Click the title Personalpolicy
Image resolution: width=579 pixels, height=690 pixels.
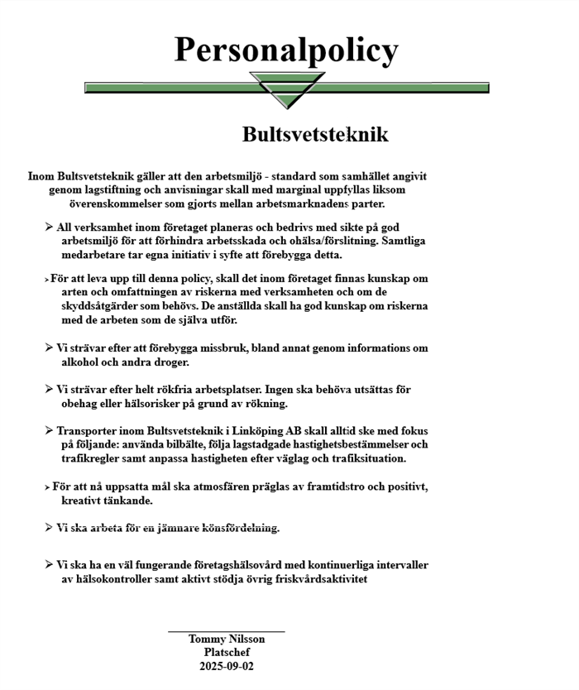click(x=286, y=50)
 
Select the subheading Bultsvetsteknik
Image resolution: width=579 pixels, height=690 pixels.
click(x=315, y=135)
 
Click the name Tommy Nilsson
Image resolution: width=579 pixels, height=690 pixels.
click(x=227, y=639)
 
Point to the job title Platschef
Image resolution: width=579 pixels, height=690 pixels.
click(x=227, y=652)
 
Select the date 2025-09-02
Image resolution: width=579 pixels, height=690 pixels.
click(x=227, y=666)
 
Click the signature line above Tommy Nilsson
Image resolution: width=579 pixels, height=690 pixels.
click(x=227, y=631)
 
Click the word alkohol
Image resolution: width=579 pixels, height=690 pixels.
click(x=84, y=362)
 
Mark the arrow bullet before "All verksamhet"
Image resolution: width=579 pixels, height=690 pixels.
click(x=49, y=227)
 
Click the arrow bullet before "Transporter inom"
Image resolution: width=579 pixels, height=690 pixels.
click(x=49, y=430)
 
